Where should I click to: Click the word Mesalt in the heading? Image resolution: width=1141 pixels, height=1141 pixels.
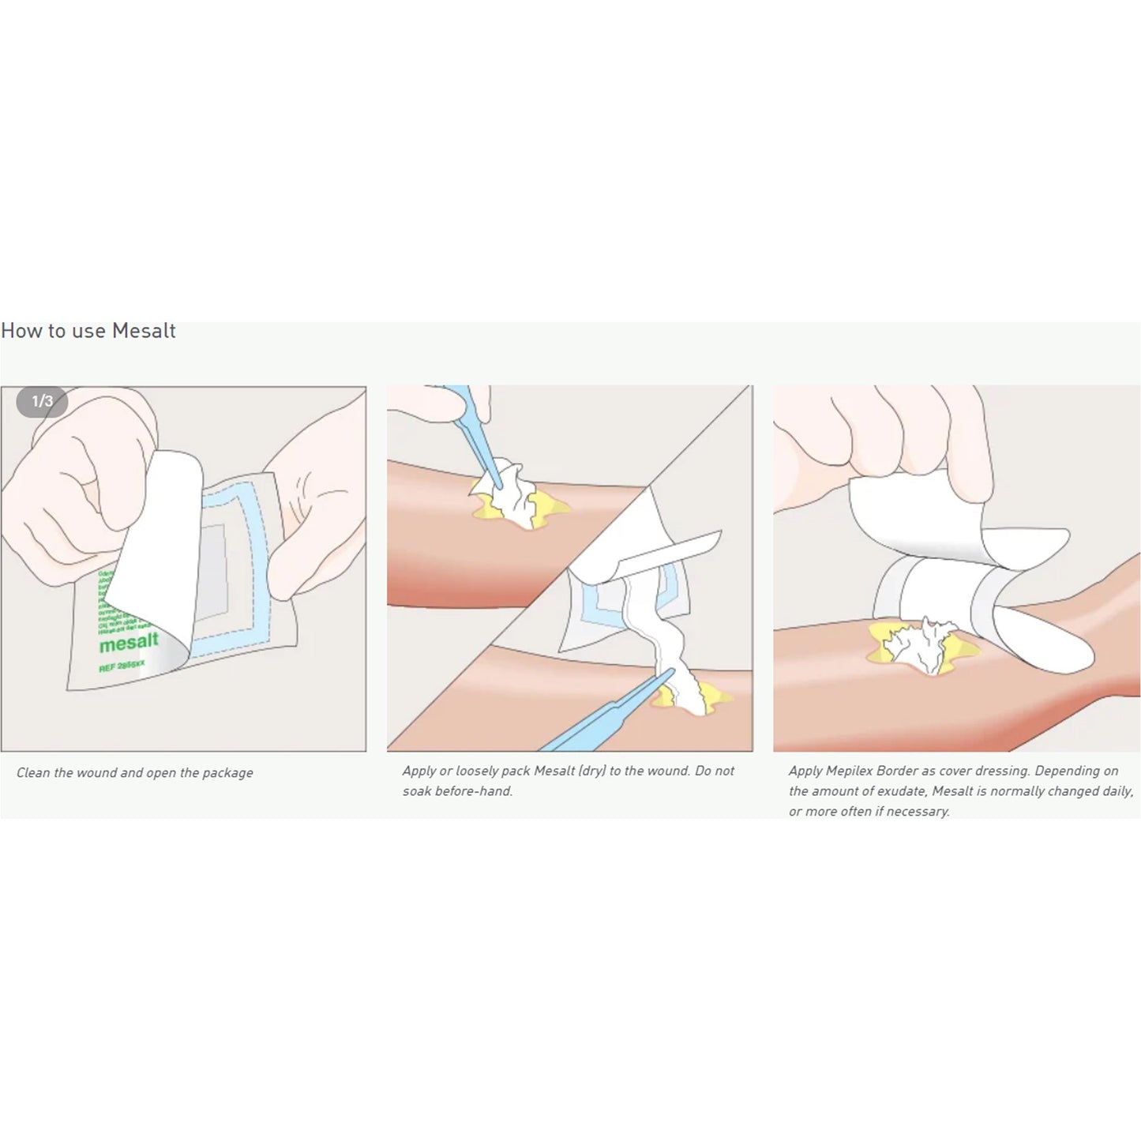144,331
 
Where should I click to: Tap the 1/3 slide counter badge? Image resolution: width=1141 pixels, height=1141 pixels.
42,402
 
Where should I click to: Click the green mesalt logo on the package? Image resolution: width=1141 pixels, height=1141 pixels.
129,644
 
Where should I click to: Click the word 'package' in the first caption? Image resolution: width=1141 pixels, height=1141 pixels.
227,773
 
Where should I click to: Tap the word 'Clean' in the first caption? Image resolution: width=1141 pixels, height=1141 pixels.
33,773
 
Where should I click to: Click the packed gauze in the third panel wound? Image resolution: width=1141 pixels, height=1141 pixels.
920,644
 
